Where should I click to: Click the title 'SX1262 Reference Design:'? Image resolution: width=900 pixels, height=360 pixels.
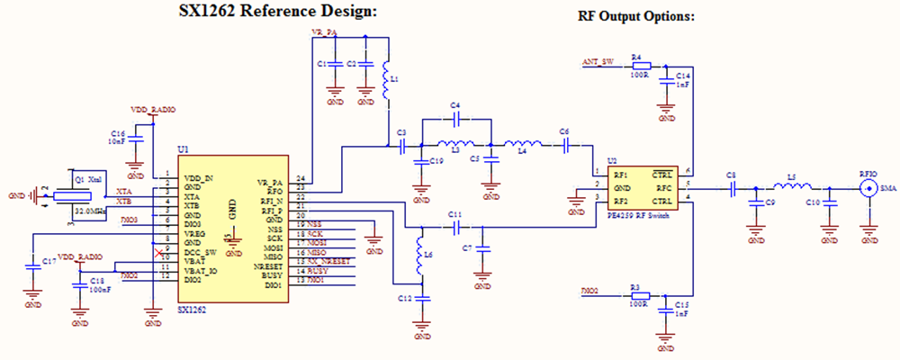266,12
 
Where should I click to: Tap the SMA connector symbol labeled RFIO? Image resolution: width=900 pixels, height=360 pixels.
869,188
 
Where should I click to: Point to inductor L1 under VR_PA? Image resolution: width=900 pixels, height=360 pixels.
387,81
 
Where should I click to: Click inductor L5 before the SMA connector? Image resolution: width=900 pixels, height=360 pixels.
792,188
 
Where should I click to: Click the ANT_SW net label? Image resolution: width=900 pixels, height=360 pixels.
598,62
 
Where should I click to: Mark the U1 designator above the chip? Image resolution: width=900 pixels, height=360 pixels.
184,149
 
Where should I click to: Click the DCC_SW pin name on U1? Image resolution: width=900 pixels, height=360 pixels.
200,251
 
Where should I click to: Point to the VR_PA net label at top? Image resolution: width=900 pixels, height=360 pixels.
323,31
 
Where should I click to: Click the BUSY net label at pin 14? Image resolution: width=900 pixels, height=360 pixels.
317,271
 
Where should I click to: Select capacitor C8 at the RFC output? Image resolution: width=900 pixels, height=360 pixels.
733,188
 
